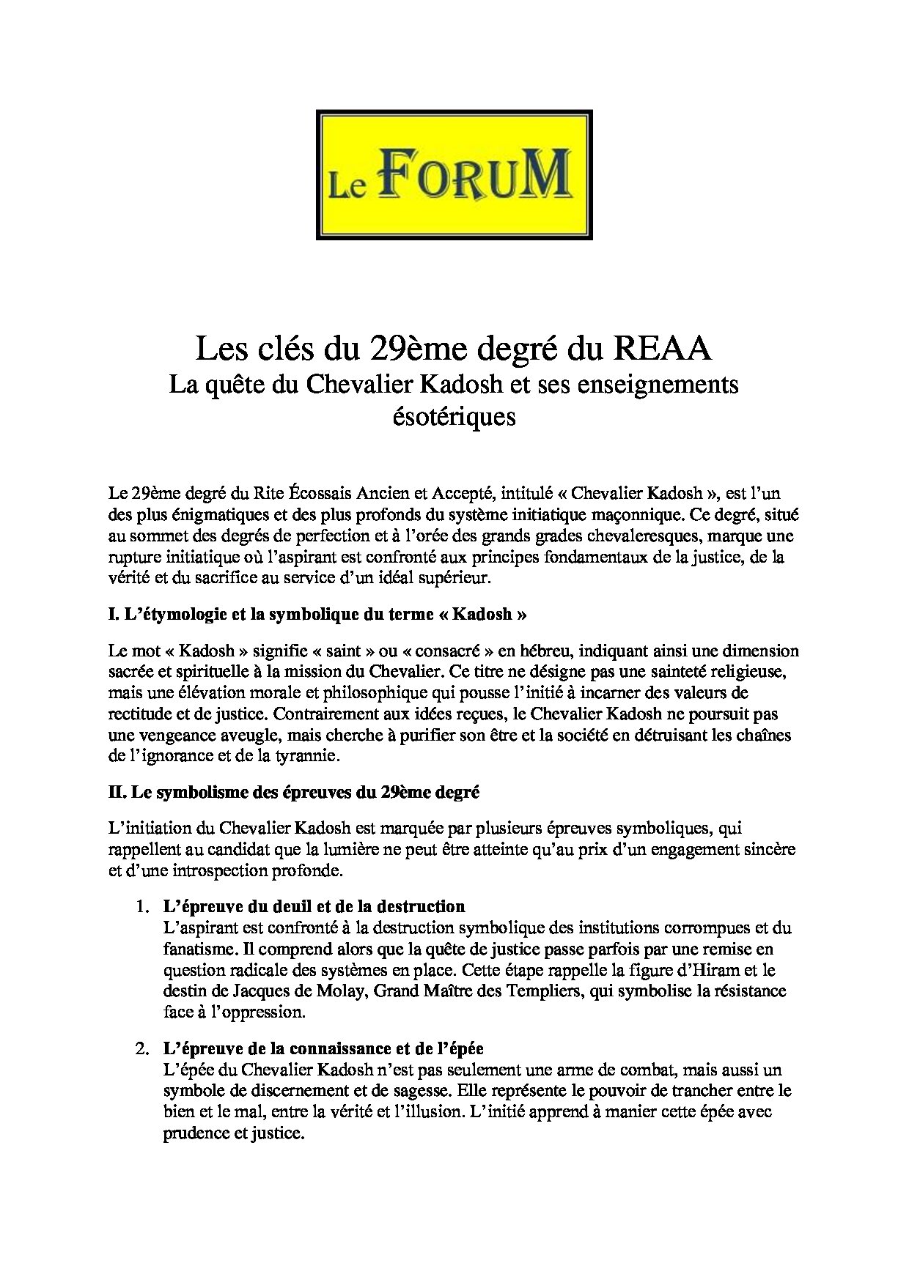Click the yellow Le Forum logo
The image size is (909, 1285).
[x=454, y=174]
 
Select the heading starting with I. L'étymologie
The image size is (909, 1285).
[x=317, y=615]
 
